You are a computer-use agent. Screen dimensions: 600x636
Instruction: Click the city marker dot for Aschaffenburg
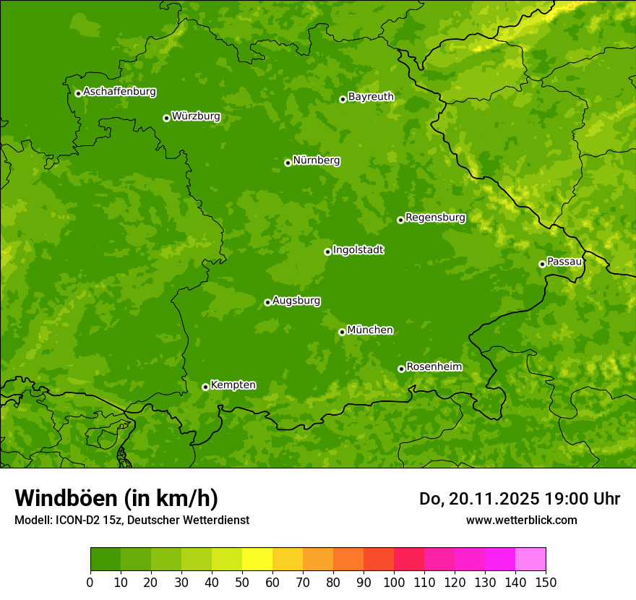coord(78,93)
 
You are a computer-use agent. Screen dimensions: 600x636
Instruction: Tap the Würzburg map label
coord(196,116)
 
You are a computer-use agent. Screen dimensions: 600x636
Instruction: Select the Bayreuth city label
coord(371,97)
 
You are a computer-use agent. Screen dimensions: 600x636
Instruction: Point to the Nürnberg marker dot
coord(288,163)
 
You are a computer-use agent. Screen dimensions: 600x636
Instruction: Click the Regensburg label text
coord(435,218)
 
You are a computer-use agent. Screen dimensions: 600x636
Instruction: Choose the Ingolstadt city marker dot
coord(327,252)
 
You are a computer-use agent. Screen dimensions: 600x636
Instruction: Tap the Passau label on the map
coord(564,262)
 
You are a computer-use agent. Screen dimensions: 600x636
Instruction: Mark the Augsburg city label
coord(296,301)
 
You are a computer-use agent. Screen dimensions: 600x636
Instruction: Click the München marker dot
coord(342,332)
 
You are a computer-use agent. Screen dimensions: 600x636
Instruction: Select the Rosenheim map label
coord(434,367)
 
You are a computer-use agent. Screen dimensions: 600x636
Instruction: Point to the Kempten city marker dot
coord(205,387)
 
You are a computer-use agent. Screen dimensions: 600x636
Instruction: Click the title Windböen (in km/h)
coord(116,498)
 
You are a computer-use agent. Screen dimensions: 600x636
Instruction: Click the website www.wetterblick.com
coord(521,520)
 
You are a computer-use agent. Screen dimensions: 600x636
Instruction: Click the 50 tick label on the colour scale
coord(242,583)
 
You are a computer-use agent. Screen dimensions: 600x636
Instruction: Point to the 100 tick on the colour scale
coord(394,583)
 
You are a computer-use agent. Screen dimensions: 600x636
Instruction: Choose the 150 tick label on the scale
coord(546,583)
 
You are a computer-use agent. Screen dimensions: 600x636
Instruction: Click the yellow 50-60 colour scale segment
coord(257,560)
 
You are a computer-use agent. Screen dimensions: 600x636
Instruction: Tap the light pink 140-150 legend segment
coord(530,560)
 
